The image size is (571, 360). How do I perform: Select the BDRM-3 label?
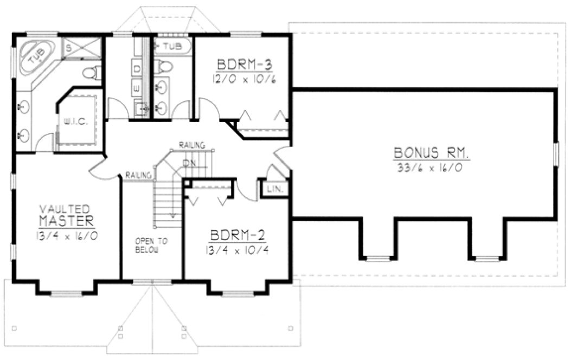pyautogui.click(x=244, y=65)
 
